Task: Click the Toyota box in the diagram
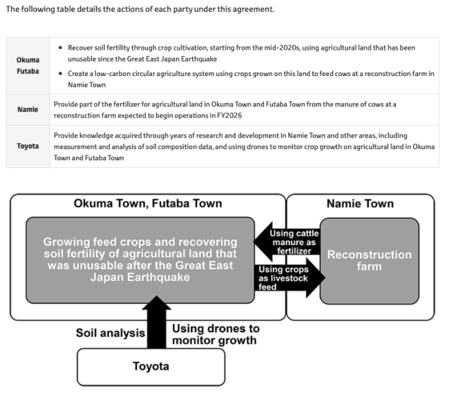151,367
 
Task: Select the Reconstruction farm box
369,260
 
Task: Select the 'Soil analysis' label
110,334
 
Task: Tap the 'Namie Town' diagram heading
360,203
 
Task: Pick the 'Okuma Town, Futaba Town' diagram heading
148,203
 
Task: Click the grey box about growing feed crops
140,260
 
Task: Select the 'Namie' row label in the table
28,110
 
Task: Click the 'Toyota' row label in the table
28,146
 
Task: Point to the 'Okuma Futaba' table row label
28,65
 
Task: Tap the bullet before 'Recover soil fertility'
61,48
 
